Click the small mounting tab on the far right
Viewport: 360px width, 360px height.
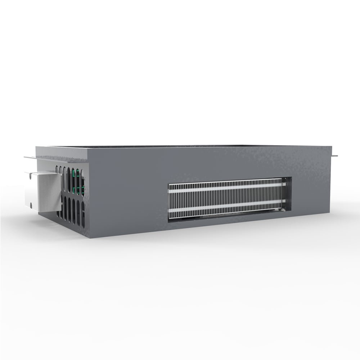tap(334, 156)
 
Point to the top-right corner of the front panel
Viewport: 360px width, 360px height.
tap(330, 147)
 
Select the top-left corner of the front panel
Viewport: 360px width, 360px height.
tap(89, 147)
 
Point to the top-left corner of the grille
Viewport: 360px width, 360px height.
tap(168, 184)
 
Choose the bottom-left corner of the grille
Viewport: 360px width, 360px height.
tap(168, 221)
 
